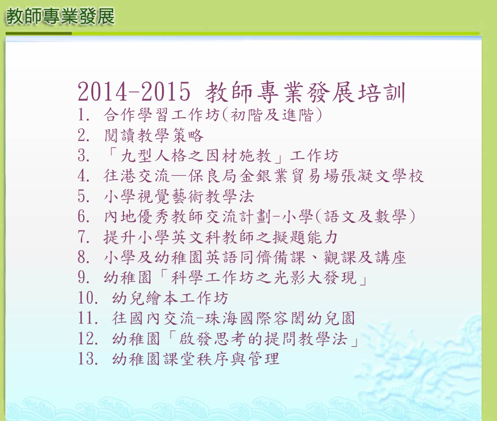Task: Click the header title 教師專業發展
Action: [x=60, y=16]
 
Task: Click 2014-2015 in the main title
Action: [x=134, y=92]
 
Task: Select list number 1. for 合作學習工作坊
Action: [x=84, y=115]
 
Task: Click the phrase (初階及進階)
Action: [x=272, y=115]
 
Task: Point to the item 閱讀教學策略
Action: [x=154, y=135]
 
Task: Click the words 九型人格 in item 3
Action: [x=154, y=156]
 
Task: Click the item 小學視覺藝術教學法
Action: [x=179, y=196]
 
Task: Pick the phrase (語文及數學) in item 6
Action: [x=365, y=217]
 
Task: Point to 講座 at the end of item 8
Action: [x=390, y=257]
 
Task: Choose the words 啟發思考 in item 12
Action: [x=212, y=338]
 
